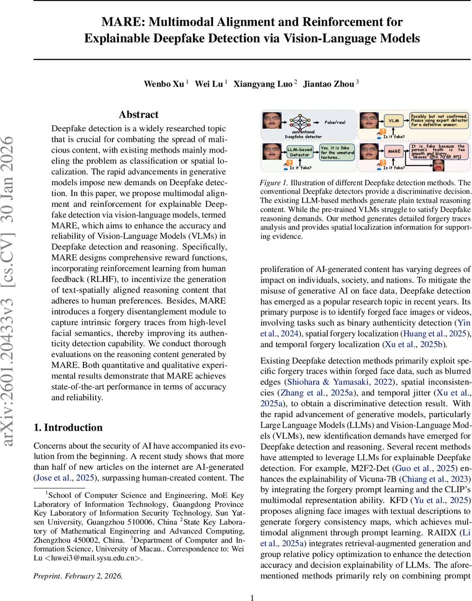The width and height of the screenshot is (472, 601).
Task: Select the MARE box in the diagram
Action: (394, 151)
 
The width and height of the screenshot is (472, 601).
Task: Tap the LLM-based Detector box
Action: (300, 151)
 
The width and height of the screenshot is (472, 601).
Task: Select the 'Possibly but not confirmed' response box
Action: (439, 120)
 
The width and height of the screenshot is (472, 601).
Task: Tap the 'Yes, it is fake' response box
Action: (337, 152)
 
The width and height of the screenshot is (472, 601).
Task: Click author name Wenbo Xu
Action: (164, 84)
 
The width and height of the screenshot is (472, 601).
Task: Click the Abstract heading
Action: (139, 115)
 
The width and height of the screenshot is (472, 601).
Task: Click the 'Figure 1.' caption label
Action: (273, 182)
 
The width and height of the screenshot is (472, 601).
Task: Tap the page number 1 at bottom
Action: (253, 597)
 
